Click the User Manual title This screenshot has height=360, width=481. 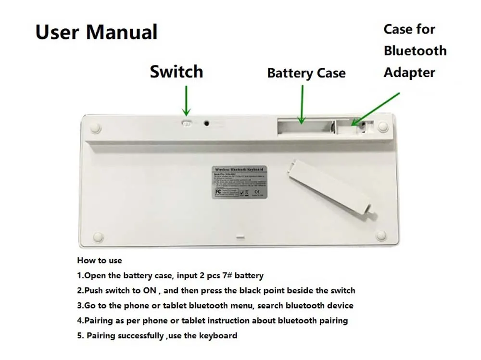click(x=96, y=32)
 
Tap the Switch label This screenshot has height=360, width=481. click(x=176, y=72)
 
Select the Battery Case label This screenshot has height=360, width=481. click(x=306, y=73)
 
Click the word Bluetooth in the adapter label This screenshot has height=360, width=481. click(x=415, y=50)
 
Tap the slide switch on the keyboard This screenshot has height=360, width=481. click(x=187, y=123)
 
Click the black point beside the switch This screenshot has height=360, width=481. click(x=206, y=123)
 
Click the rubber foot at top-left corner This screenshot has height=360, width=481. click(x=95, y=127)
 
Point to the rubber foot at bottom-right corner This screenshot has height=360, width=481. click(x=381, y=235)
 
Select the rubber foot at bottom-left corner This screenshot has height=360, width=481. click(x=98, y=236)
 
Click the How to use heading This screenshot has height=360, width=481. click(x=100, y=261)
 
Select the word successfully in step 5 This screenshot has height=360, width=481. click(x=139, y=335)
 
